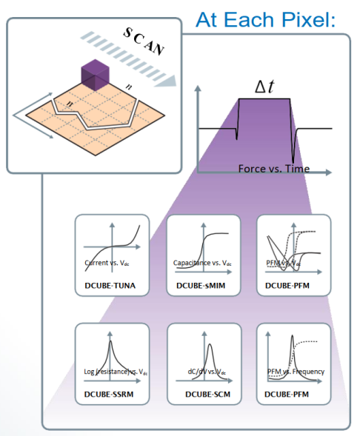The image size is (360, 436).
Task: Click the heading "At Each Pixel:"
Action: click(265, 19)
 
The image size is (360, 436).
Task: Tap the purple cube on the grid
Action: click(95, 75)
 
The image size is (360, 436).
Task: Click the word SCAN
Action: click(144, 41)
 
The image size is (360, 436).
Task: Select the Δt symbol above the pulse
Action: click(264, 87)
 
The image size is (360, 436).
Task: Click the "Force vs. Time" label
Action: click(274, 169)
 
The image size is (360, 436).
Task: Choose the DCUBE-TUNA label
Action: click(110, 286)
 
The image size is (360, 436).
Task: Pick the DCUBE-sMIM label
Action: click(201, 286)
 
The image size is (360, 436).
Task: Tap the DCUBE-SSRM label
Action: click(109, 394)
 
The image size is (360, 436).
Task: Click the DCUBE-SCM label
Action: click(208, 394)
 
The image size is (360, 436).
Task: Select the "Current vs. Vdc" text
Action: click(107, 263)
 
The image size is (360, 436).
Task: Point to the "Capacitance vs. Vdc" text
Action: click(202, 263)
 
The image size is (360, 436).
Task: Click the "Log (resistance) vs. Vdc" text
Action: click(116, 372)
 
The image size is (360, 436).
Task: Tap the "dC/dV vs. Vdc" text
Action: click(207, 372)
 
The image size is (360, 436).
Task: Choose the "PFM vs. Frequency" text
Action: click(296, 372)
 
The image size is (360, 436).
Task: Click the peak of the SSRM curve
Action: click(110, 341)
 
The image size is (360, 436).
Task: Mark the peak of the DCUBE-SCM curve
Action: click(210, 345)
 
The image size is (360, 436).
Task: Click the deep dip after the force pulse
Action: click(293, 162)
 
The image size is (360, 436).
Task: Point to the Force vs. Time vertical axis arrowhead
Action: click(198, 88)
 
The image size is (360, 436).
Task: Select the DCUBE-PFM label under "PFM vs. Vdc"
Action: click(287, 286)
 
